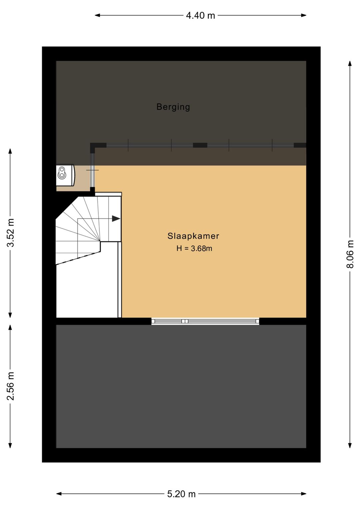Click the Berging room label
click(173, 107)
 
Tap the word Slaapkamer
click(193, 236)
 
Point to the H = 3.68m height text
click(194, 248)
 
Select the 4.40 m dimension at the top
click(200, 15)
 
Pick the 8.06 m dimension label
click(350, 254)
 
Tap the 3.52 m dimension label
click(10, 233)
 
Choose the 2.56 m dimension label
click(10, 386)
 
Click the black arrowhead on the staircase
click(116, 219)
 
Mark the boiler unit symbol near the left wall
click(65, 175)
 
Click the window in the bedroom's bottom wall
click(205, 321)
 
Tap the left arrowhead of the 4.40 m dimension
click(98, 15)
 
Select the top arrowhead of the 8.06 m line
click(350, 64)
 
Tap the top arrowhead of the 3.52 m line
click(10, 151)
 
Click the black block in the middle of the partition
click(200, 145)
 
